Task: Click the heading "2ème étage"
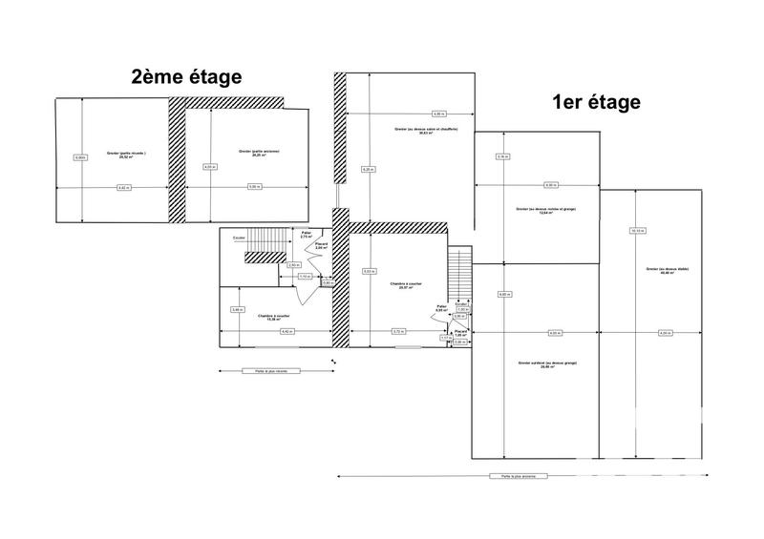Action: (187, 77)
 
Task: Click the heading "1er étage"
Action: (595, 102)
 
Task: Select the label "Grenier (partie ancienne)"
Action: (259, 155)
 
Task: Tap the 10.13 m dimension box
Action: (637, 230)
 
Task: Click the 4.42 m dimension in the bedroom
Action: (286, 331)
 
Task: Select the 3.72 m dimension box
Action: (397, 331)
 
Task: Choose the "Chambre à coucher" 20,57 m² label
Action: (407, 286)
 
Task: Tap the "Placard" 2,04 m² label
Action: (322, 246)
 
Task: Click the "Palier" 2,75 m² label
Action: (307, 235)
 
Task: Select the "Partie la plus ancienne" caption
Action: (507, 475)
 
